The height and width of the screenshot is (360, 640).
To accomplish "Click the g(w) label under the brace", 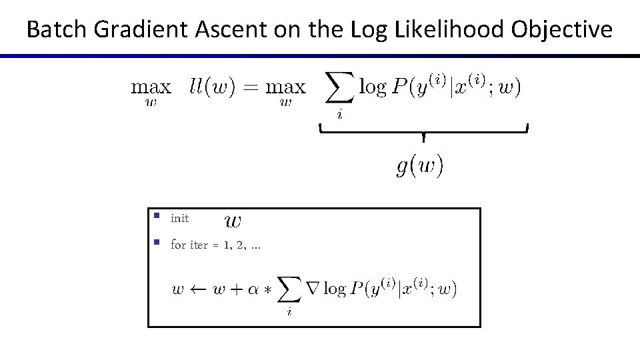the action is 419,165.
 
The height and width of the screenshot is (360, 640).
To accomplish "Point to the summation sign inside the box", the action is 289,290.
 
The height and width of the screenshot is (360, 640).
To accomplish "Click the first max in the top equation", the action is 151,87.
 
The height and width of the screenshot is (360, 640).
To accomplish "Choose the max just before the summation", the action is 285,87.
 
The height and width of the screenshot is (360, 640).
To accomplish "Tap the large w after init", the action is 233,220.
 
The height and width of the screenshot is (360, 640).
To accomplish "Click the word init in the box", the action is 180,219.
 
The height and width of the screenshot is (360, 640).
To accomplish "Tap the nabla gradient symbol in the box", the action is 311,289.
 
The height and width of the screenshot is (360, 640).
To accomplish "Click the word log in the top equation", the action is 373,87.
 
